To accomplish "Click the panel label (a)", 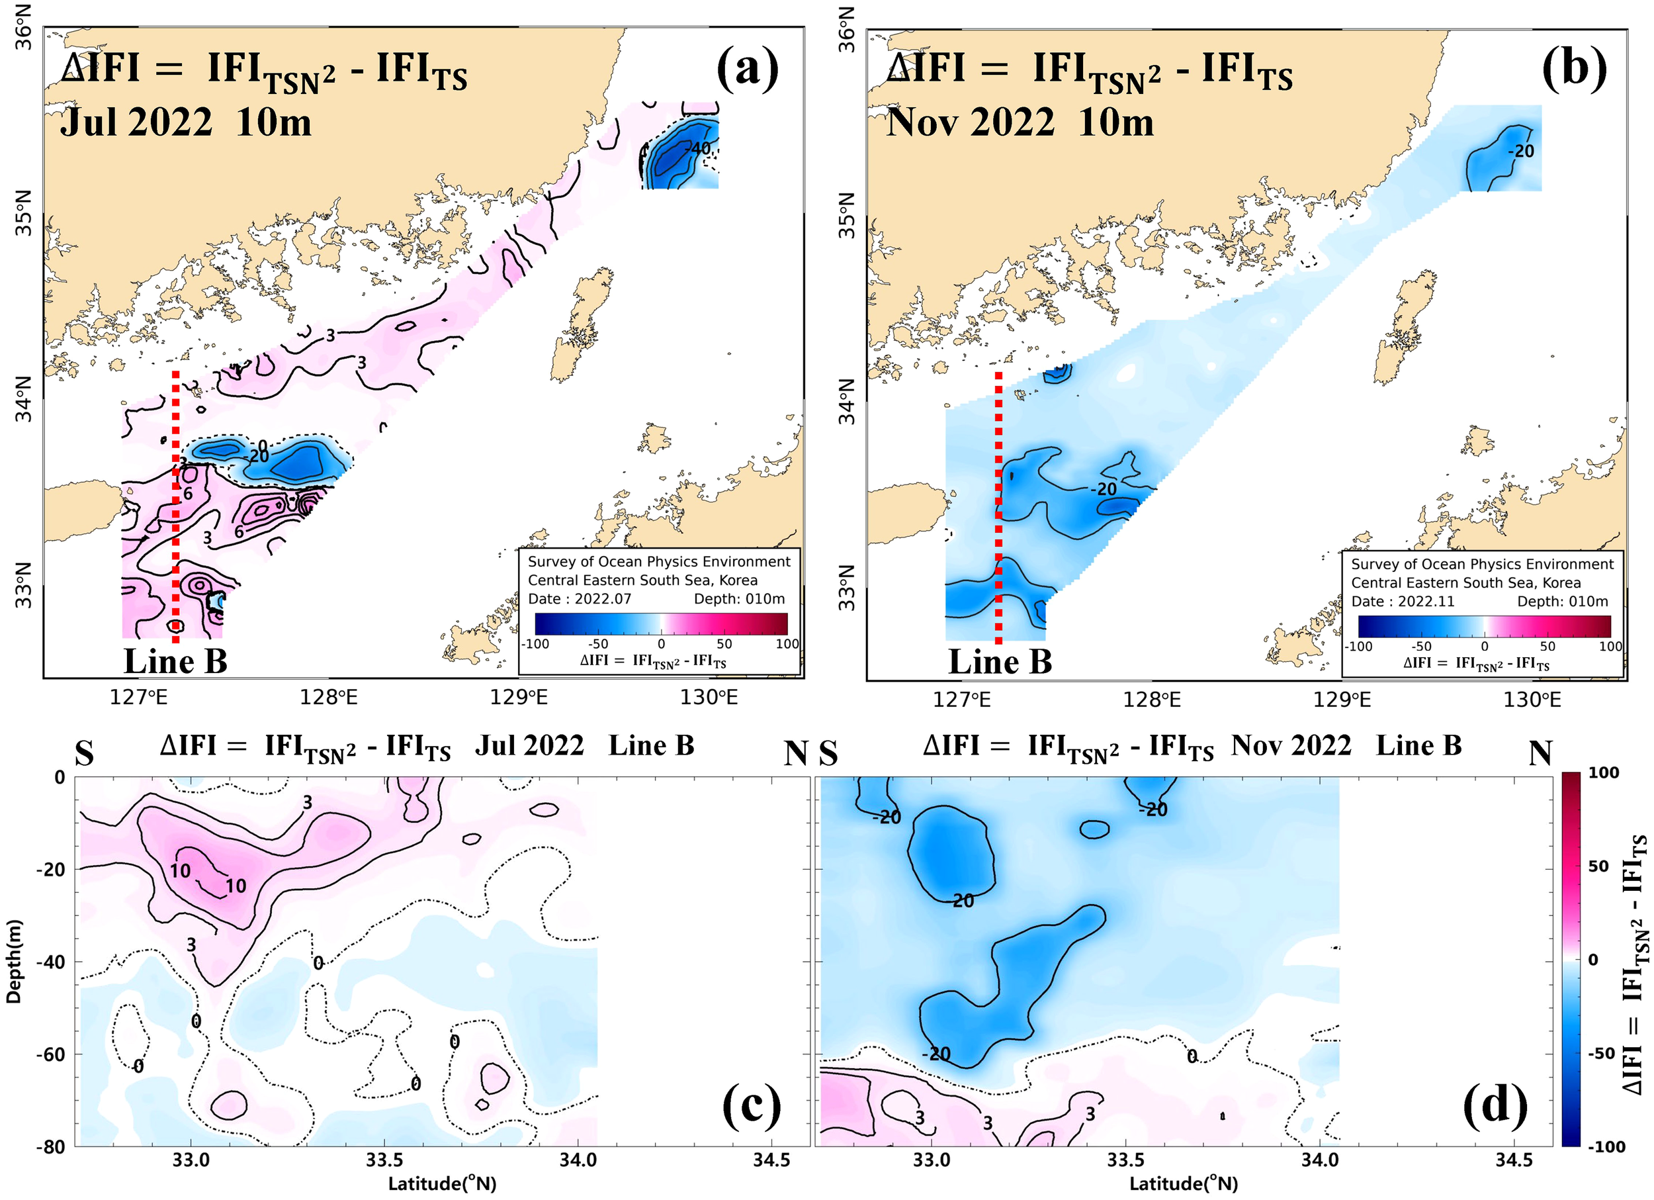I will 748,69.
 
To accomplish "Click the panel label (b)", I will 1574,69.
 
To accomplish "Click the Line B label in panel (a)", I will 175,662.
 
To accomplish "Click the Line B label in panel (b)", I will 1000,662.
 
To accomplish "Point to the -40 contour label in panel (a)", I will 699,148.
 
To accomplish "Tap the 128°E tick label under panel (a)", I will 328,698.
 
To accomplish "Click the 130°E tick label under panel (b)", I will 1532,700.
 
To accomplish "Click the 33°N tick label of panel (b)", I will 847,588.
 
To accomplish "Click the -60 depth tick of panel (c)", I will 51,1054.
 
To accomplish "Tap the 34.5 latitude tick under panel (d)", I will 1513,1160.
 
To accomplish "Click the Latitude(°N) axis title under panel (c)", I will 442,1183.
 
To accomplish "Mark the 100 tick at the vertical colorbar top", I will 1603,772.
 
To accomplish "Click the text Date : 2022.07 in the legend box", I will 580,599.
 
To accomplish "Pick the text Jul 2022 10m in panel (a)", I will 185,121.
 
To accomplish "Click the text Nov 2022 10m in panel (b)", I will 1020,121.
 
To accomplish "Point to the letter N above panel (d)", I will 1540,753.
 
